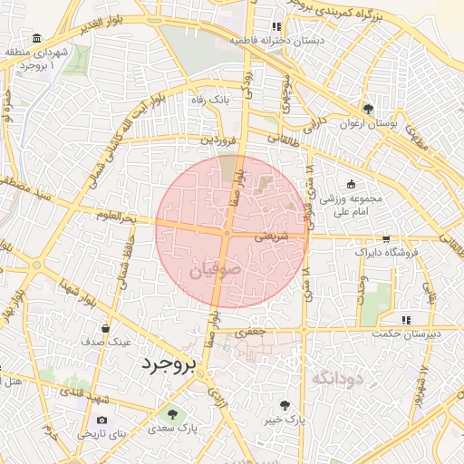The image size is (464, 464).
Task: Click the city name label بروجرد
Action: click(169, 364)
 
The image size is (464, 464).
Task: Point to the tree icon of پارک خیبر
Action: click(287, 405)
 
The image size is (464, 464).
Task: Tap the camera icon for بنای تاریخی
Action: click(101, 420)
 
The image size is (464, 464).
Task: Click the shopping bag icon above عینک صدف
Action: click(107, 328)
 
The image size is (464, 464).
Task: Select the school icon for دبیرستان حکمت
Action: click(407, 319)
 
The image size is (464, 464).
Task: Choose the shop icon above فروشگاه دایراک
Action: click(387, 238)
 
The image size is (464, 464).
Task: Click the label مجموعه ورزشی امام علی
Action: click(354, 205)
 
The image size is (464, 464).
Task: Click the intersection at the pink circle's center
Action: click(227, 233)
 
